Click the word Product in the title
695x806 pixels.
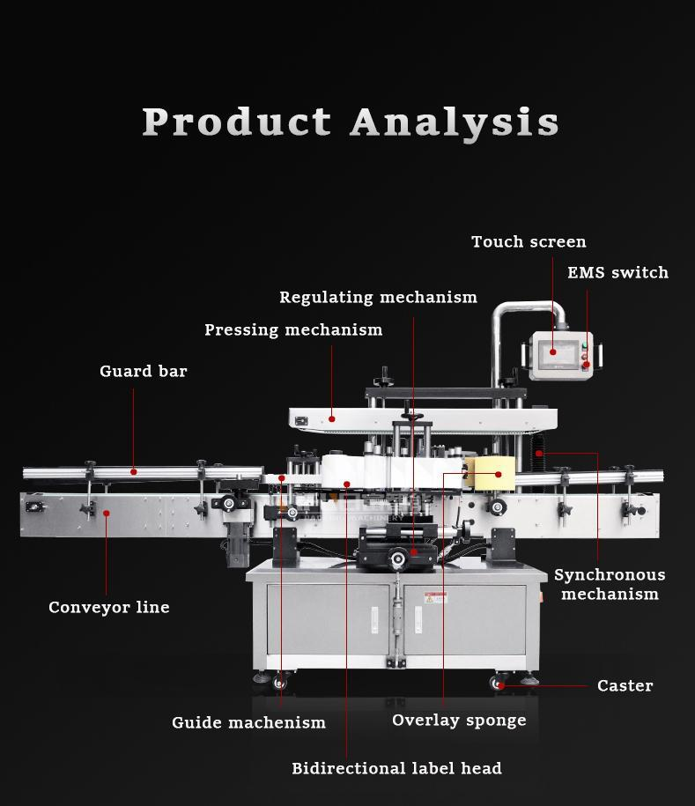click(237, 122)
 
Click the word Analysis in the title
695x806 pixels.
click(455, 122)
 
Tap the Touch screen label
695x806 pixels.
click(529, 241)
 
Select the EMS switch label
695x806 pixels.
click(617, 272)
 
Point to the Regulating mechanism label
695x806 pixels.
click(378, 298)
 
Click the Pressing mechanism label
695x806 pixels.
click(293, 329)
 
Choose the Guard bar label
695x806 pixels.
click(144, 371)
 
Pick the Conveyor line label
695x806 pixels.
click(109, 607)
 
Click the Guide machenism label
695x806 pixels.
click(248, 722)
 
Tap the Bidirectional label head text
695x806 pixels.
click(396, 768)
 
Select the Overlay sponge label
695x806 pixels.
click(459, 720)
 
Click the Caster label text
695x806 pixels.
click(625, 685)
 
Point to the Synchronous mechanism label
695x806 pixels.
click(610, 584)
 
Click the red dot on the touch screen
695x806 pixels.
click(553, 351)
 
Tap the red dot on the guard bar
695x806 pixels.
click(134, 472)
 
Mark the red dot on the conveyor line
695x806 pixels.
click(107, 512)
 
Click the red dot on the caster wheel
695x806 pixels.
click(499, 685)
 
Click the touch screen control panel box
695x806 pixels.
click(561, 356)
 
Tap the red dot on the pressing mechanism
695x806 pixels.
click(332, 418)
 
